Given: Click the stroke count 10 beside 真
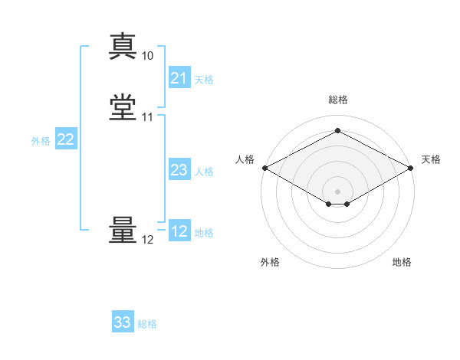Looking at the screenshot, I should (x=147, y=56).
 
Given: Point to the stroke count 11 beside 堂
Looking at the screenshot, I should (x=147, y=117).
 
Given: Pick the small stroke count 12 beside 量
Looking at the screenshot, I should (x=147, y=240).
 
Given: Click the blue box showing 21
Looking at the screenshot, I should (x=179, y=78).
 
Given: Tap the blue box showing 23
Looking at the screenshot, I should (x=179, y=170).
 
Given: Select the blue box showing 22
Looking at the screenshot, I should (x=65, y=139).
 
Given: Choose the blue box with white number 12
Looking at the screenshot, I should (x=179, y=231).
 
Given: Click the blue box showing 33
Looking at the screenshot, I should (x=122, y=322).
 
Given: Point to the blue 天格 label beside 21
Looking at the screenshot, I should (x=204, y=80).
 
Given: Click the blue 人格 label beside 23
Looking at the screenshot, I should (x=204, y=172).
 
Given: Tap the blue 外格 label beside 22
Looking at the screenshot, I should (x=41, y=141).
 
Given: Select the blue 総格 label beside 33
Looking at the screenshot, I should (x=147, y=324).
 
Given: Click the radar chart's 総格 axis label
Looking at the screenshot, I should (x=337, y=100).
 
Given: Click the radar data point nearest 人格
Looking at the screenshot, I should (x=264, y=168).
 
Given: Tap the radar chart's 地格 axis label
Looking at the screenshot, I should (x=402, y=263).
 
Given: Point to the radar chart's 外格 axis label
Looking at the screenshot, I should (x=270, y=263).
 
